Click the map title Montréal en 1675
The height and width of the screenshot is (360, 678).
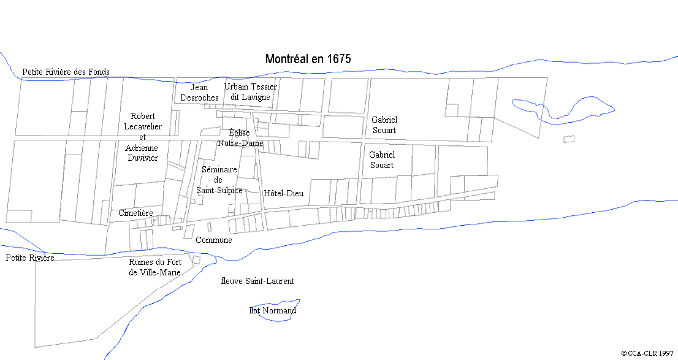pos(308,59)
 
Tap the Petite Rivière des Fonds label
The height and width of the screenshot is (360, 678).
pos(66,72)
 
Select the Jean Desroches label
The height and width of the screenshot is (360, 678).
pos(199,93)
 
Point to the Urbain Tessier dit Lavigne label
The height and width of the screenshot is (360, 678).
pos(250,92)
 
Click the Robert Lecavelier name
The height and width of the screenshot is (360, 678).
pos(143,121)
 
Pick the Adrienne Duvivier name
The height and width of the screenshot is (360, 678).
pos(142,153)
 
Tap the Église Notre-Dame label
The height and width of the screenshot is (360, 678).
pos(240,138)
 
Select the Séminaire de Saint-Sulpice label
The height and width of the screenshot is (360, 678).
pos(219,180)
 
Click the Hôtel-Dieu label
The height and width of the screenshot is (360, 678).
pos(283,193)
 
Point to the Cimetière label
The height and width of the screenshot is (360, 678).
pos(135,213)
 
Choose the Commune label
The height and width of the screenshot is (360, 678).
pos(213,240)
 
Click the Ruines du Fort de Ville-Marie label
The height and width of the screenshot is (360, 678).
pos(154,267)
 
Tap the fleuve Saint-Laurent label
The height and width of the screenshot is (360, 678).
pos(257,281)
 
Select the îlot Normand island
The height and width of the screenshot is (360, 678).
pos(273,310)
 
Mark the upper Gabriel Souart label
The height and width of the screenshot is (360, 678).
pos(384,125)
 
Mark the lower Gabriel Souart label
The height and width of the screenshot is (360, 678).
pos(382,160)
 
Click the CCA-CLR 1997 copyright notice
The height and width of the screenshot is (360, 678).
pos(647,353)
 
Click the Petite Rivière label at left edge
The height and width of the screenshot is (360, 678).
pos(29,258)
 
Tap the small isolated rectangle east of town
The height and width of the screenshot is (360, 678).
pos(569,139)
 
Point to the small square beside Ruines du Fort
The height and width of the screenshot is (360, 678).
pos(196,260)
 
